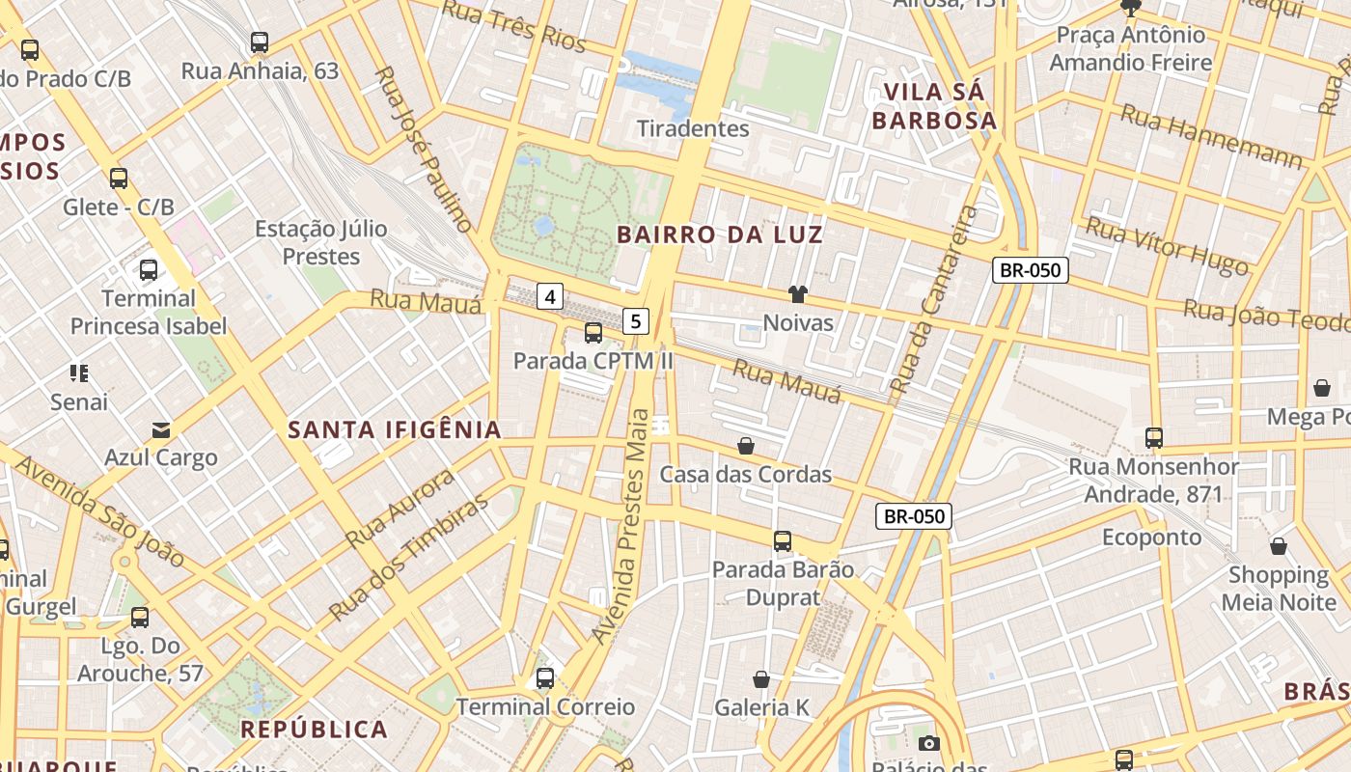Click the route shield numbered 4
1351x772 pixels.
(550, 296)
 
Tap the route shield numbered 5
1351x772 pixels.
(635, 321)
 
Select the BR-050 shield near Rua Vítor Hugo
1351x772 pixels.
(1031, 270)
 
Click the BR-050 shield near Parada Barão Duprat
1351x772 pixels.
(914, 516)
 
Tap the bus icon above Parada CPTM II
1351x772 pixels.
(593, 333)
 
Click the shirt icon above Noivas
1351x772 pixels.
(797, 294)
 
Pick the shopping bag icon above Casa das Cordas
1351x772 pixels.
(746, 446)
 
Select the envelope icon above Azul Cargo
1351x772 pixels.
(161, 429)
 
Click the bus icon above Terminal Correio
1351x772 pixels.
(545, 678)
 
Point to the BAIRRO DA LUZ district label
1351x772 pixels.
(720, 234)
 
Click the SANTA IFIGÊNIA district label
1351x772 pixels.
(395, 430)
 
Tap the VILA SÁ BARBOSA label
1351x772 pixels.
(933, 106)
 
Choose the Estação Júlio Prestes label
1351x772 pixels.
(320, 243)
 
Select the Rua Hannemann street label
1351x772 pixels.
(1211, 136)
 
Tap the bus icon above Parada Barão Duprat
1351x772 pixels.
(783, 541)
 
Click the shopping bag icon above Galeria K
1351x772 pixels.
(761, 680)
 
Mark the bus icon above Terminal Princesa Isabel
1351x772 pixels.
(149, 270)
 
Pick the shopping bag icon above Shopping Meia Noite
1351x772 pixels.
(1279, 547)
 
